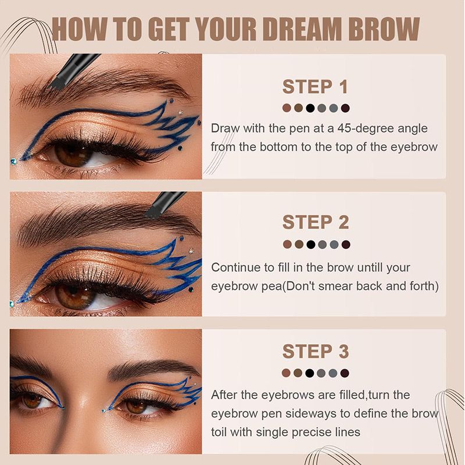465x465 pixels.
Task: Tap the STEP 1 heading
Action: pyautogui.click(x=315, y=87)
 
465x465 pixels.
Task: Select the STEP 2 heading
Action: pyautogui.click(x=316, y=223)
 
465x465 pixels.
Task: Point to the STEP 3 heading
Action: pyautogui.click(x=316, y=352)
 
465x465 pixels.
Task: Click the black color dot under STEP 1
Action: pyautogui.click(x=310, y=108)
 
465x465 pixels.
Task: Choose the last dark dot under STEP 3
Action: pyautogui.click(x=345, y=373)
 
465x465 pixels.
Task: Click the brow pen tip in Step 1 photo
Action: pyautogui.click(x=56, y=83)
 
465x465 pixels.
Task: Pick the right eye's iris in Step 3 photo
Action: pyautogui.click(x=137, y=406)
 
